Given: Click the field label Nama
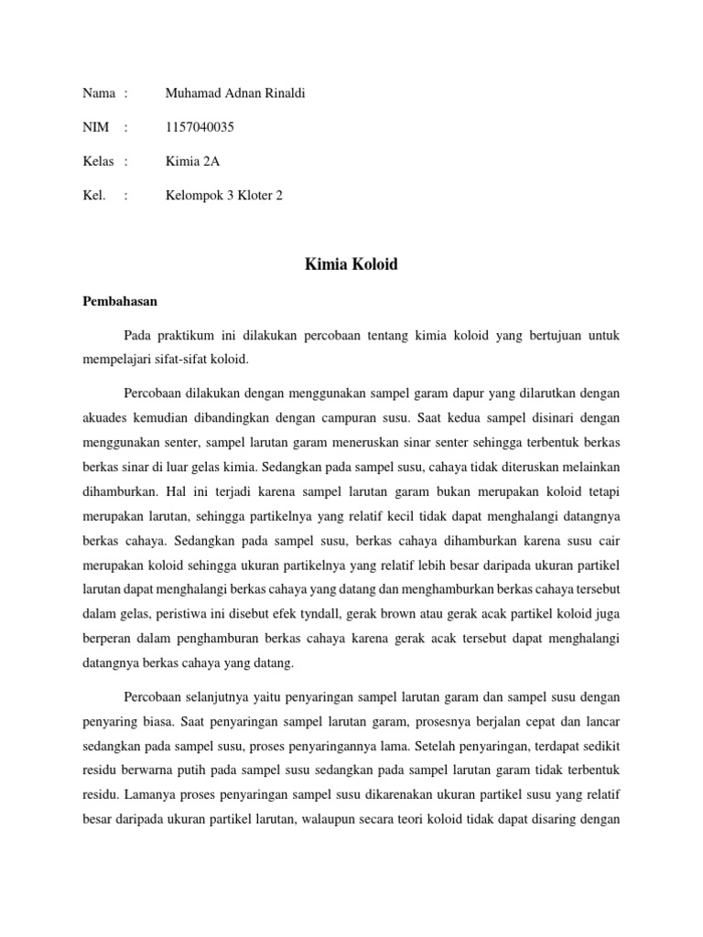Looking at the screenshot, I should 99,92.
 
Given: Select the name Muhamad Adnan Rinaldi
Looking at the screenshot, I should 234,92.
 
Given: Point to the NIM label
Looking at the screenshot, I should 96,127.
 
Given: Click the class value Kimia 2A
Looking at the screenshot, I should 192,162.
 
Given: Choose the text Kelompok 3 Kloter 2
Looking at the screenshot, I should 223,196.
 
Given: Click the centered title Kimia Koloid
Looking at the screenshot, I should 351,265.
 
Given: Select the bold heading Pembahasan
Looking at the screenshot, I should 121,300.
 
